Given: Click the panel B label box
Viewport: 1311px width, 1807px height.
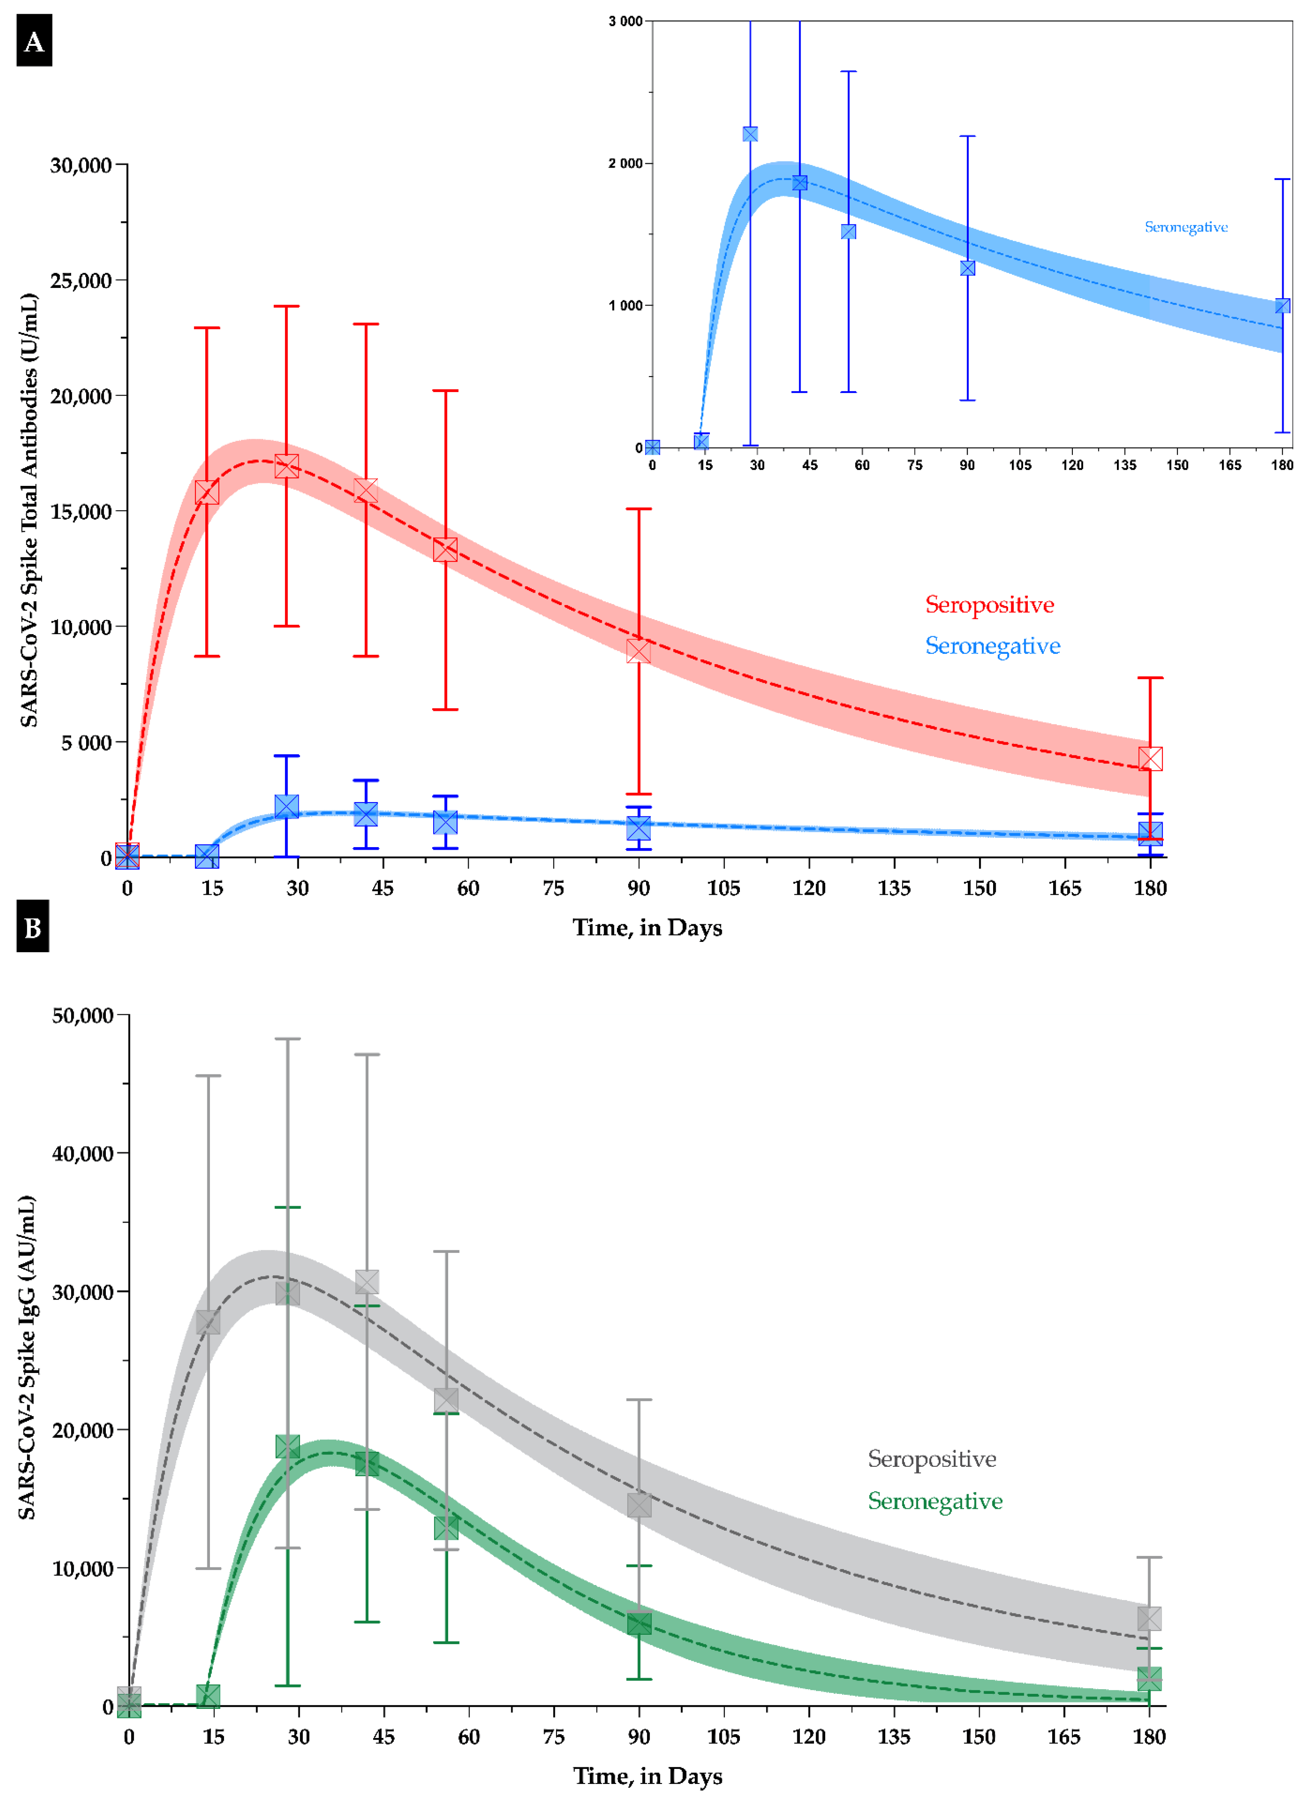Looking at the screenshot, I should [33, 926].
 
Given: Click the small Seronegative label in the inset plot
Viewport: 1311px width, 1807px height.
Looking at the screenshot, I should [1186, 227].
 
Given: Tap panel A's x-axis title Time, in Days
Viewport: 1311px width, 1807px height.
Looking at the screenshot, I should [647, 927].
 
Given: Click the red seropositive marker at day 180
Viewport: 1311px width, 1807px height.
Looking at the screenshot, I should [1150, 758].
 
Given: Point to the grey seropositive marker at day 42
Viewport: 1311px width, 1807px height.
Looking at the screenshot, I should [366, 1282].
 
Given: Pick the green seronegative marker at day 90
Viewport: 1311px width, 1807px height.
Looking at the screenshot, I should [639, 1623].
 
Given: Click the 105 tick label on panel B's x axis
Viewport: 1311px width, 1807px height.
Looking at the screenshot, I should [723, 1736].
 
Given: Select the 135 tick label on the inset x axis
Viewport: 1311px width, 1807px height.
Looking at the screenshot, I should [1125, 465].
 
